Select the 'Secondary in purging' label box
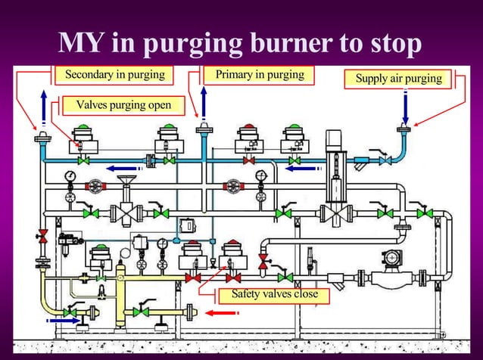click(114, 76)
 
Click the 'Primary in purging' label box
click(260, 75)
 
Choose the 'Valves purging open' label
click(123, 104)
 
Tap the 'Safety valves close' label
click(274, 294)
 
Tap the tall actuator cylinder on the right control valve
click(334, 148)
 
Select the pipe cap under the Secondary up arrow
click(42, 138)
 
